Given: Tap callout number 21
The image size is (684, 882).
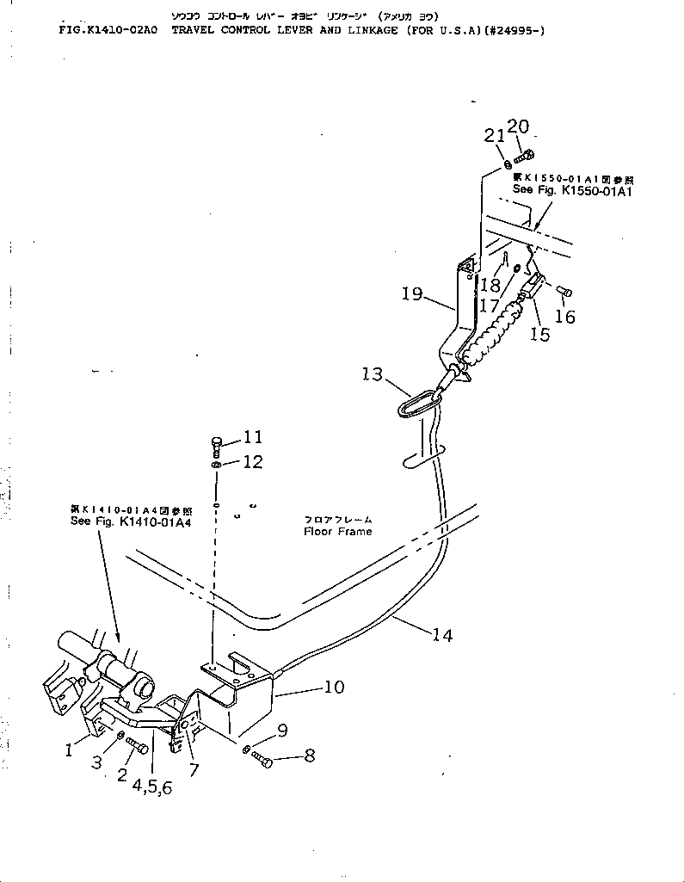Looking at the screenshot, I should (493, 135).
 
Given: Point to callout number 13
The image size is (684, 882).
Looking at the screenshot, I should (373, 373).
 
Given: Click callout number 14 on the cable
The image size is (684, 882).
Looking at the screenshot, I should (442, 636).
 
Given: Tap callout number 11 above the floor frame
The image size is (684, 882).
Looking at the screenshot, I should (252, 437).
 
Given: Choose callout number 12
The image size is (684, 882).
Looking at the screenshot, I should (252, 462).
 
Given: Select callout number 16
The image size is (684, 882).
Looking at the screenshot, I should (564, 317).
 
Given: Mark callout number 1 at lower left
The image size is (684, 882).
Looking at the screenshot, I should (70, 751).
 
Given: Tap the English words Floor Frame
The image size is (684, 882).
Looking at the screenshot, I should (338, 532).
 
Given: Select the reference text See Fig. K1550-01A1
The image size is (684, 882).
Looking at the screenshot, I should (572, 190).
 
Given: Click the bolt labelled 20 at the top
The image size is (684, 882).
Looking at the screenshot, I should (527, 155).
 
